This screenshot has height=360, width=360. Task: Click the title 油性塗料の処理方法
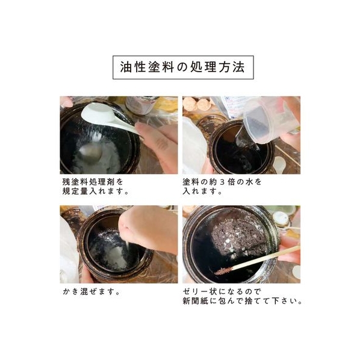tap(183, 67)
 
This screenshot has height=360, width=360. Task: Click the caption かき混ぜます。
tap(92, 292)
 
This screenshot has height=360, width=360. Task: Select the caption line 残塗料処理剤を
tap(93, 182)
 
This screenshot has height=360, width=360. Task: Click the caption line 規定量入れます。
tap(96, 191)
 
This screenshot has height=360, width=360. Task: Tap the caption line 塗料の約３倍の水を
tap(222, 182)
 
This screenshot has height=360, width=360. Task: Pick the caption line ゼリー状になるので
tap(222, 292)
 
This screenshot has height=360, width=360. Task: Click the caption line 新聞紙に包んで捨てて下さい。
tap(243, 301)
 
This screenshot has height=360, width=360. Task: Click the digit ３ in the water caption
tap(222, 182)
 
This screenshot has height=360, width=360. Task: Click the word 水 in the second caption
tap(249, 182)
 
